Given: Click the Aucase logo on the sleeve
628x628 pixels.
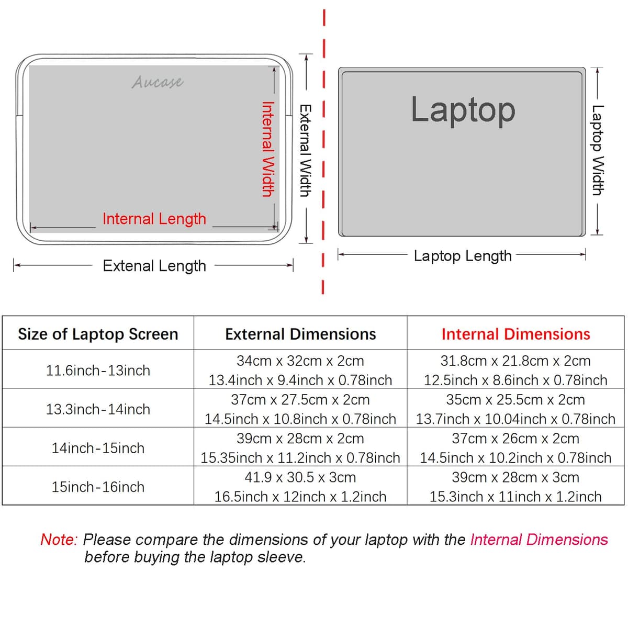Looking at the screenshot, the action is pyautogui.click(x=158, y=82).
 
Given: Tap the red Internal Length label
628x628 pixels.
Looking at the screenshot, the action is pyautogui.click(x=154, y=219).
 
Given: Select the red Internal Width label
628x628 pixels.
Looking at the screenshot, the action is pyautogui.click(x=268, y=149).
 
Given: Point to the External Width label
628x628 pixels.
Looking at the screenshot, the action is pyautogui.click(x=306, y=151).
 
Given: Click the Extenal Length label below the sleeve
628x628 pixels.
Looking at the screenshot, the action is pyautogui.click(x=154, y=266).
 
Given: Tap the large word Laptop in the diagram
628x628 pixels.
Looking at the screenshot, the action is pyautogui.click(x=463, y=111).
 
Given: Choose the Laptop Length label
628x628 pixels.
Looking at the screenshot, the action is pyautogui.click(x=463, y=256).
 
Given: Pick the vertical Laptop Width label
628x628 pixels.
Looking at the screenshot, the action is pyautogui.click(x=598, y=150).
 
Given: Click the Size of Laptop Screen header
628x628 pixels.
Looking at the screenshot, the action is pyautogui.click(x=98, y=334).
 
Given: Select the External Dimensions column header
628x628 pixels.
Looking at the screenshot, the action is pyautogui.click(x=300, y=334).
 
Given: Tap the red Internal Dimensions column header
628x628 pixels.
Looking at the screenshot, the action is pyautogui.click(x=516, y=334).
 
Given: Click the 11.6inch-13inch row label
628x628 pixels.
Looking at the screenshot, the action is pyautogui.click(x=98, y=371).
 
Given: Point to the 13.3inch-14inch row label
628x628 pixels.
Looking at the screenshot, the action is pyautogui.click(x=98, y=409).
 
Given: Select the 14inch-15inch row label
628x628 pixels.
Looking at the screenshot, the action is pyautogui.click(x=98, y=448).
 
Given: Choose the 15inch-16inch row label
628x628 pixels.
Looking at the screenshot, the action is pyautogui.click(x=98, y=487).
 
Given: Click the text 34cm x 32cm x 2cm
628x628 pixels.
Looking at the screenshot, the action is pyautogui.click(x=300, y=361).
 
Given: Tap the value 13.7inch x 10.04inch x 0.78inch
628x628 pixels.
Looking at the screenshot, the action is pyautogui.click(x=515, y=419).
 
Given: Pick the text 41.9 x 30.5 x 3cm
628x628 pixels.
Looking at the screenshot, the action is pyautogui.click(x=300, y=477).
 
